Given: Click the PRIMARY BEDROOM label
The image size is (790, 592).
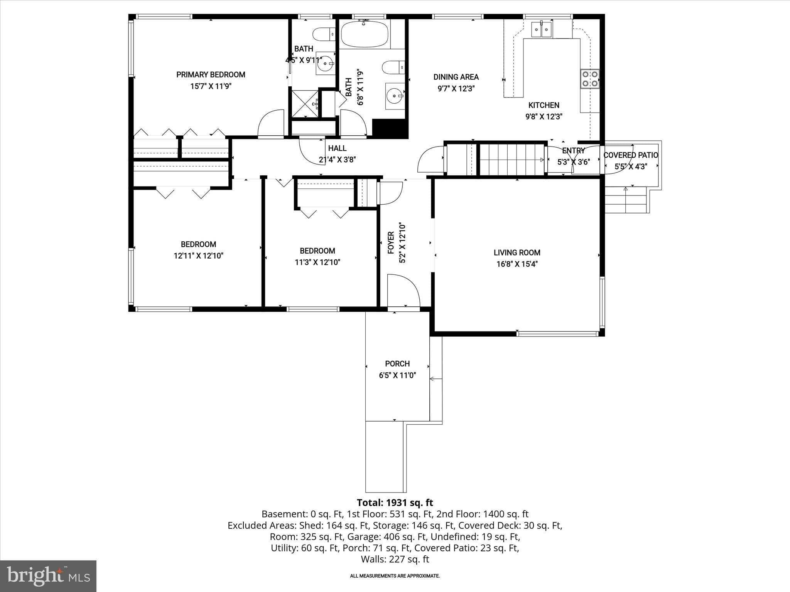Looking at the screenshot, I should (x=211, y=75).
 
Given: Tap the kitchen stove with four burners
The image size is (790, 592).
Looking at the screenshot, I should (x=590, y=79).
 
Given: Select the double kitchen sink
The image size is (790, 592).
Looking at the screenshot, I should (x=542, y=29).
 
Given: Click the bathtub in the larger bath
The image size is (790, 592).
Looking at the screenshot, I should (x=365, y=34).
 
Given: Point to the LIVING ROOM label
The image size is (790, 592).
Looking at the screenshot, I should (x=517, y=253).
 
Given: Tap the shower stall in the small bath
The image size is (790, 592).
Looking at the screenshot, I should (x=305, y=103).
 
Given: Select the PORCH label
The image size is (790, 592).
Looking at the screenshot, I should (x=397, y=364).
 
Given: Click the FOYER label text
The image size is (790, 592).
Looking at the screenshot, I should (x=391, y=243).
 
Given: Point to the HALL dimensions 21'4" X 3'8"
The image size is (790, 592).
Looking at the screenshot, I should (x=337, y=160).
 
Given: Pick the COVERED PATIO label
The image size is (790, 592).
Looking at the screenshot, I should (x=631, y=155).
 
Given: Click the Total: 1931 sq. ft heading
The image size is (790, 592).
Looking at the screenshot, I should (x=395, y=503).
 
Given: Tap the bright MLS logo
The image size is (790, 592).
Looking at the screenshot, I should (x=48, y=576).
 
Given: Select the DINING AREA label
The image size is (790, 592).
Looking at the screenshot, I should (x=456, y=77).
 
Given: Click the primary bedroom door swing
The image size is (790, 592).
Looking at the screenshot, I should (x=271, y=124).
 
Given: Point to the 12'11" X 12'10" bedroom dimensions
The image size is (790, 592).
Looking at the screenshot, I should (x=198, y=256).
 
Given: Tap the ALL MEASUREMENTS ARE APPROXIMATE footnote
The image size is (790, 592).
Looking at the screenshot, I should (x=395, y=576).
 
